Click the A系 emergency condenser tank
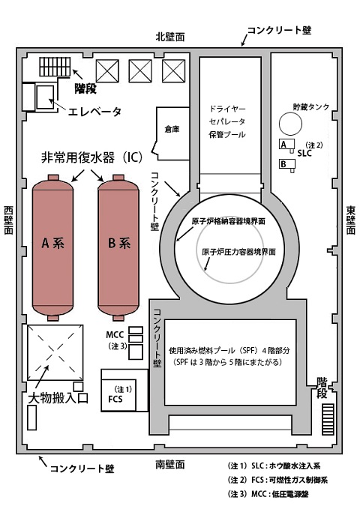coord(52,247)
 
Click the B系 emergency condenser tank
coord(118,247)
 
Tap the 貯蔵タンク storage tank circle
coord(290,123)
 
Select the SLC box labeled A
coord(286,144)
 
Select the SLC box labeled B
coord(286,164)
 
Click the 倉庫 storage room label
coord(172,130)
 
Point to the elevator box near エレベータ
coord(45,97)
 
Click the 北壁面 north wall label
coord(170,37)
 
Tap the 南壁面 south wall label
coord(170,464)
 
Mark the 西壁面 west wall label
coord(9,220)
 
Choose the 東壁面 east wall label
coord(351,220)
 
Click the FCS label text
coord(115,400)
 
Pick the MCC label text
coord(115,334)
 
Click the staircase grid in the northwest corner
coord(55,67)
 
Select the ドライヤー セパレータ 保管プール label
coord(227,121)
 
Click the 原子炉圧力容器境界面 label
coord(238,252)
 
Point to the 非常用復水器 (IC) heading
coord(91,158)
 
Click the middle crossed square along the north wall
coord(140,71)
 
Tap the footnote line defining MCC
coord(268,494)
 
